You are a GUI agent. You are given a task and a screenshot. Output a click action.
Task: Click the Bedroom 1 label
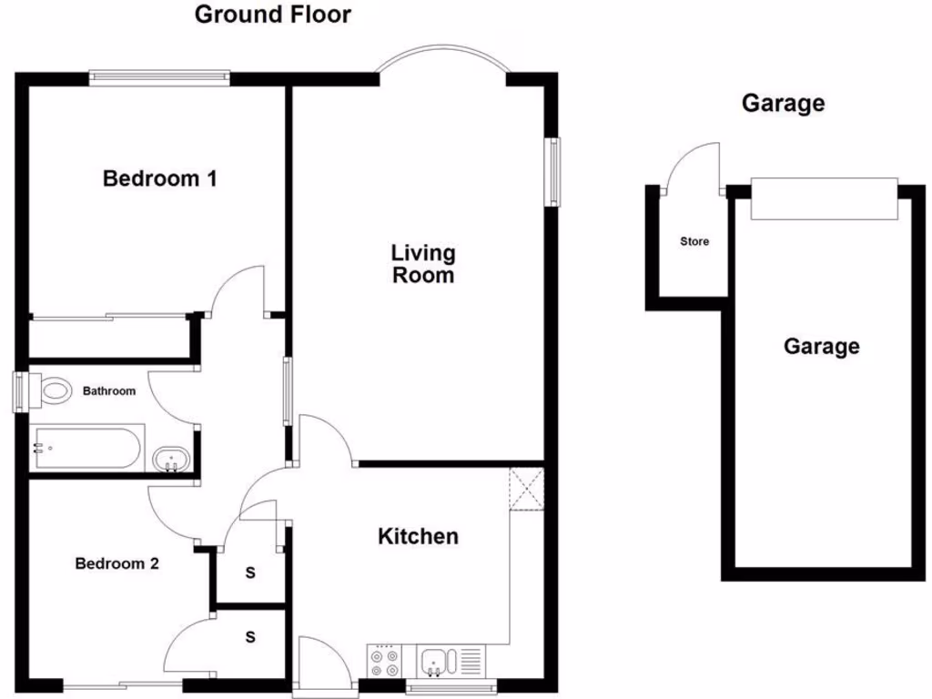pos(160,178)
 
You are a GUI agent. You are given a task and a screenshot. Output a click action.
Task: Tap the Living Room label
pos(423,263)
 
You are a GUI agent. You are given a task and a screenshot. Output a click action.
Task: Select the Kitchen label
pos(418,536)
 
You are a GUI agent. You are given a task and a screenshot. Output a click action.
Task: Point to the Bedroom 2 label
pos(116,563)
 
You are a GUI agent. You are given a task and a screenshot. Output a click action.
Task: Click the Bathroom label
pos(109,391)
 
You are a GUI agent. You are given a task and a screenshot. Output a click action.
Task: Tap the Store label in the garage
pos(694,241)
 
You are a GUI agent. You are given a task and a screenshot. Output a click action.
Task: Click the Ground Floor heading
pos(272,15)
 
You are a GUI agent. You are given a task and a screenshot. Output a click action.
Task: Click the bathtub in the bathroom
pos(86,448)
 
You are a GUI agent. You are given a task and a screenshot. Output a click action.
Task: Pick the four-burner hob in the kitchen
pos(384,661)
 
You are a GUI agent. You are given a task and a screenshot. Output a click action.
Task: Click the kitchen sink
pos(436,660)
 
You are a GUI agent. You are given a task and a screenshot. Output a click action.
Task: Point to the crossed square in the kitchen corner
pos(526,488)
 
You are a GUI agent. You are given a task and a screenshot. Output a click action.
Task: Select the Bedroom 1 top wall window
pos(159,78)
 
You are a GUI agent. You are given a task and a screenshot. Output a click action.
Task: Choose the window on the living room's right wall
pos(552,171)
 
